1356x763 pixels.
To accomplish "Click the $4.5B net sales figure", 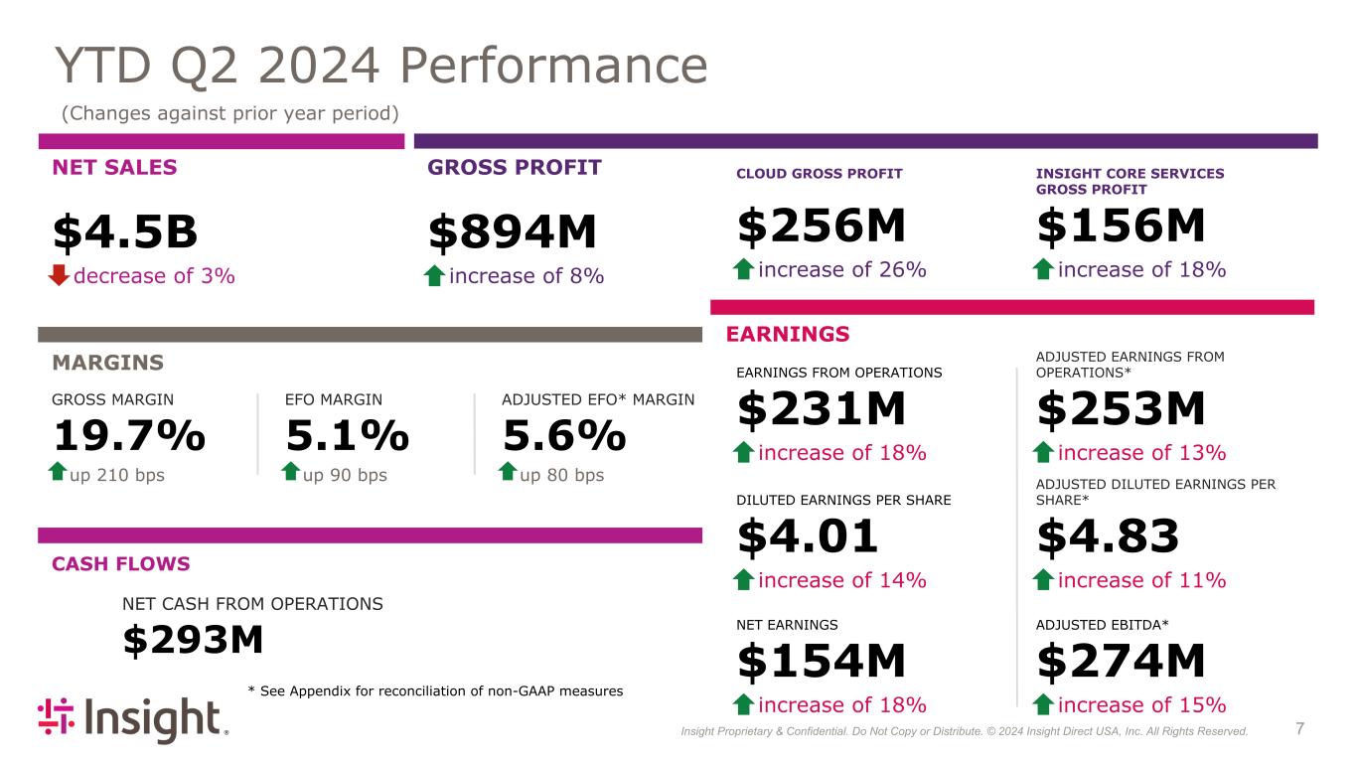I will click(125, 232).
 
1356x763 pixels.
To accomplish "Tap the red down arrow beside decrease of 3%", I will click(60, 275).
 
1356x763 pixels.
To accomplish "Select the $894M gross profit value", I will click(512, 232).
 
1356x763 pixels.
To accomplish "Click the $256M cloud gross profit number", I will click(821, 227).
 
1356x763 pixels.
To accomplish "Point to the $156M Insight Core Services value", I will click(1121, 227).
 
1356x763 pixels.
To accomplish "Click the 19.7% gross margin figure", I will click(128, 435).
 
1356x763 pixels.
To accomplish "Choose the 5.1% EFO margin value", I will click(348, 435).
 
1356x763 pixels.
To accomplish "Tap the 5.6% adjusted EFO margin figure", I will click(564, 435).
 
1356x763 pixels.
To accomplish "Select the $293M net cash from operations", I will click(193, 641).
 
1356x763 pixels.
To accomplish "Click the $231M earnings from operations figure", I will click(821, 409).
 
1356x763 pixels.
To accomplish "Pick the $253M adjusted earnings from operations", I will click(1121, 409).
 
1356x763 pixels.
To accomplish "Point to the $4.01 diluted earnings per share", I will click(808, 536).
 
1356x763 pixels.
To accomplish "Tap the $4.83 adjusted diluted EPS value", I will click(1108, 536).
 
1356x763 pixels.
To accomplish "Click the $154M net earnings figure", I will click(821, 662).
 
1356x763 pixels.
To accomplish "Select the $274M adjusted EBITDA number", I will click(1121, 662).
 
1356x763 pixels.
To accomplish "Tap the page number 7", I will click(1300, 730).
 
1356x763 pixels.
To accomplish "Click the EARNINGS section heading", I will click(788, 334).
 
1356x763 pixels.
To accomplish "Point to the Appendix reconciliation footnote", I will click(434, 690).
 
